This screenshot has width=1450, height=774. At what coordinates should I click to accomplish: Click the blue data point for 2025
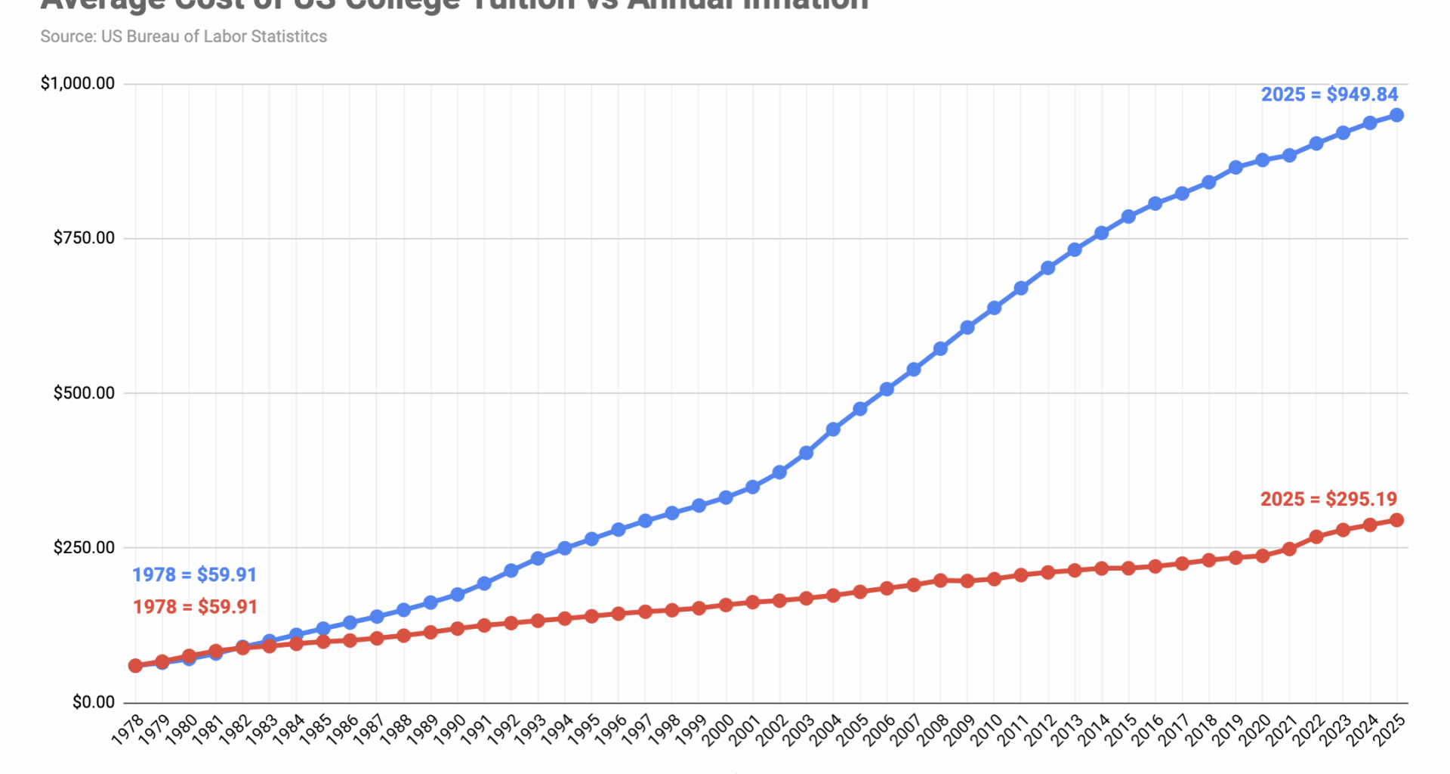pyautogui.click(x=1396, y=115)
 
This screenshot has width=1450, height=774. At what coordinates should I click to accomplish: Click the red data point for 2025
pyautogui.click(x=1396, y=520)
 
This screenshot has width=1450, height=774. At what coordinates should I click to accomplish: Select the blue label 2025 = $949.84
pyautogui.click(x=1329, y=94)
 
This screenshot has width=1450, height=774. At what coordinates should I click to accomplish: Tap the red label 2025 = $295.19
pyautogui.click(x=1328, y=499)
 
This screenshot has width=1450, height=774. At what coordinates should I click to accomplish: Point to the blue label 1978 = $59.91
pyautogui.click(x=194, y=574)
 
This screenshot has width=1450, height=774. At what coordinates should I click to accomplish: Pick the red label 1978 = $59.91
pyautogui.click(x=195, y=606)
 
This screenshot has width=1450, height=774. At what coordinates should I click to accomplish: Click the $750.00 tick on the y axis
pyautogui.click(x=84, y=238)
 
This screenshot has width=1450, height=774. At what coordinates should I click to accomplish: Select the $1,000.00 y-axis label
pyautogui.click(x=78, y=83)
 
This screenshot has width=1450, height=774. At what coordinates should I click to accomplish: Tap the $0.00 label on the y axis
pyautogui.click(x=94, y=702)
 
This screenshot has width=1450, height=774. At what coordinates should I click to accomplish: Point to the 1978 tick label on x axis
pyautogui.click(x=127, y=730)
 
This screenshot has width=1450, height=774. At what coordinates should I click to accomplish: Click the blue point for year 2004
pyautogui.click(x=833, y=429)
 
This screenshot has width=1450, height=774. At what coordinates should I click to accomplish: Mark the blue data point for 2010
pyautogui.click(x=994, y=308)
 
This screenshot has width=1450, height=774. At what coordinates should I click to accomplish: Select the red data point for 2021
pyautogui.click(x=1289, y=549)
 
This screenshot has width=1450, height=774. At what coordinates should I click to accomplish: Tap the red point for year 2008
pyautogui.click(x=940, y=580)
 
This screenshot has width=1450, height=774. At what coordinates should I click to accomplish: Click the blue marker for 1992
pyautogui.click(x=511, y=571)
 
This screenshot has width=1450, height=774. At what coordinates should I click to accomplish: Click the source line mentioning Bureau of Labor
pyautogui.click(x=184, y=36)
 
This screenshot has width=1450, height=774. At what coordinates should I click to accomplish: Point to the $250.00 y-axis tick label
pyautogui.click(x=84, y=547)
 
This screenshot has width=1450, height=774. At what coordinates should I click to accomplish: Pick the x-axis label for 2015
pyautogui.click(x=1119, y=730)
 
